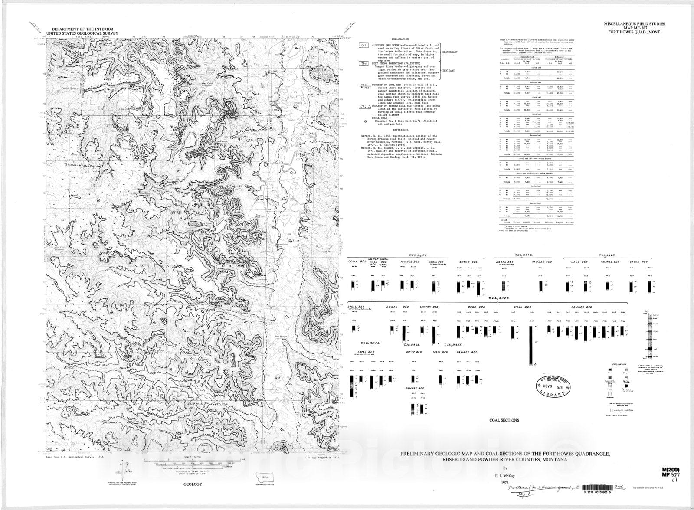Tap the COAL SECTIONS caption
(504, 420)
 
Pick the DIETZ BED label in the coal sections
(413, 352)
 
